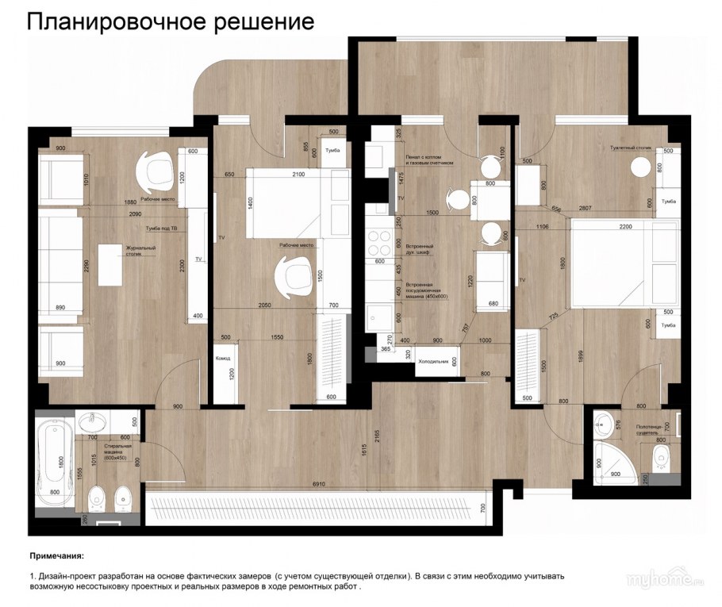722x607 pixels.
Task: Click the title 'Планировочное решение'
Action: click(171, 21)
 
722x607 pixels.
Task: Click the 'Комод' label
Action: click(223, 359)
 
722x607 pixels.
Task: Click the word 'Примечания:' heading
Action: click(56, 556)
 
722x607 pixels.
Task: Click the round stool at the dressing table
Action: click(640, 168)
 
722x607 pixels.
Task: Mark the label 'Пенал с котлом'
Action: click(428, 159)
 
